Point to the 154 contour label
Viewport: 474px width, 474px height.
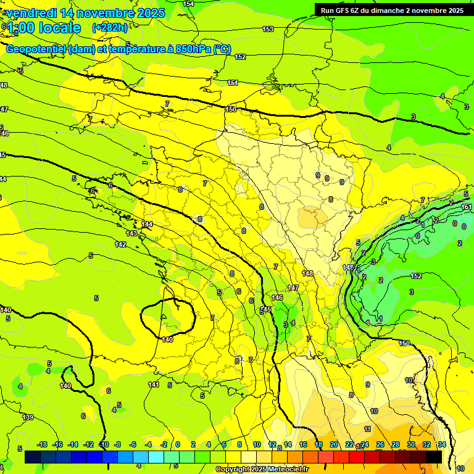(x=188, y=4)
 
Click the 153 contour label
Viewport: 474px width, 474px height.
(x=268, y=30)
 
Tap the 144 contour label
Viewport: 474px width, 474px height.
(x=147, y=224)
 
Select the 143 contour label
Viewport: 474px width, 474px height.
(x=131, y=234)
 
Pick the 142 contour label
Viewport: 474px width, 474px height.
(x=120, y=244)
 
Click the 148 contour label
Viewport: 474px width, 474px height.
(x=308, y=273)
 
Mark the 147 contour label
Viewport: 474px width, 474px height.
(x=293, y=288)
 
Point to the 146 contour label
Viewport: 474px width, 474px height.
(x=278, y=297)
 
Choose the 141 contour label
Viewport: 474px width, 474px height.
(x=154, y=385)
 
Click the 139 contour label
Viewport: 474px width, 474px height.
(x=28, y=418)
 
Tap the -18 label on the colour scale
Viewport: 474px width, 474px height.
(x=42, y=444)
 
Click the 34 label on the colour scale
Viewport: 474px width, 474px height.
(x=442, y=444)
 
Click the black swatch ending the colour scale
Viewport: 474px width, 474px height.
(x=433, y=457)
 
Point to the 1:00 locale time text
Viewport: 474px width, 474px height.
(x=43, y=28)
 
